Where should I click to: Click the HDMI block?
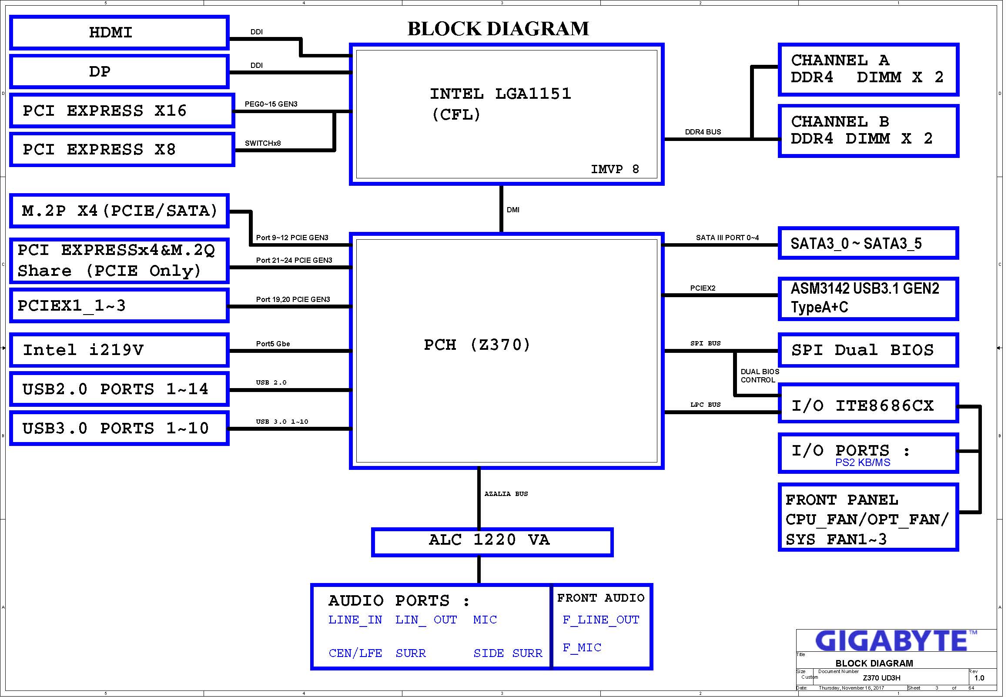click(119, 33)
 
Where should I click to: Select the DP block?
click(119, 72)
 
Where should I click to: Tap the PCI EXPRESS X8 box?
click(122, 150)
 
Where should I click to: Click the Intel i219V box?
click(119, 350)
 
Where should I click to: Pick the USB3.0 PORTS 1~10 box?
click(119, 429)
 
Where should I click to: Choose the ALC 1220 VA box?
click(492, 542)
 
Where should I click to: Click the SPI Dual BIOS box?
click(867, 350)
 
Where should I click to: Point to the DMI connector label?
click(513, 210)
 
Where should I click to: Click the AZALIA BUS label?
click(506, 494)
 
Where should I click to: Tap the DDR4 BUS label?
click(703, 132)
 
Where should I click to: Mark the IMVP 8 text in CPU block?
click(615, 169)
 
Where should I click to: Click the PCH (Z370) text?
click(477, 345)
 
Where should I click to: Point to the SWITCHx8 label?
click(263, 143)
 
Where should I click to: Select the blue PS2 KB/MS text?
click(862, 462)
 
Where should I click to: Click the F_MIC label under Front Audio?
click(582, 648)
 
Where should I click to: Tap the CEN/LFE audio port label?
click(355, 653)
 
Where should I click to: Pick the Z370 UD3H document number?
click(881, 678)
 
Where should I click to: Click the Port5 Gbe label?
click(273, 344)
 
